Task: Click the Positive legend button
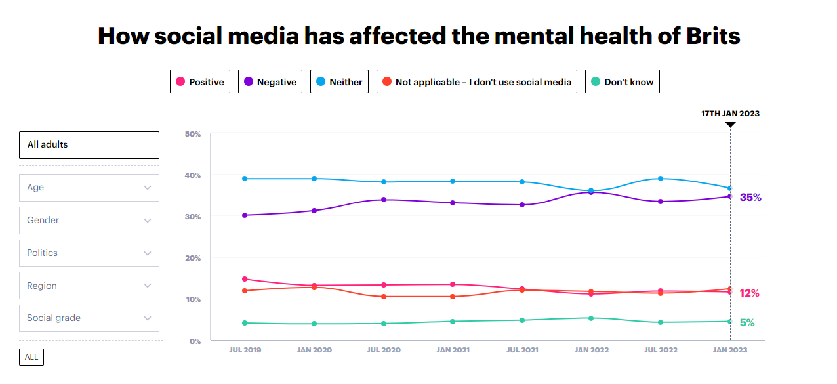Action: click(x=200, y=82)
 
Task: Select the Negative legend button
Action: click(x=270, y=82)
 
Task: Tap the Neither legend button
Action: click(x=339, y=82)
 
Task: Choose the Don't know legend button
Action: click(x=622, y=82)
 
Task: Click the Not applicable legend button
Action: click(x=476, y=82)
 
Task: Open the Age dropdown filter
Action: click(x=89, y=187)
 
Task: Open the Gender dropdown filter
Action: click(x=89, y=220)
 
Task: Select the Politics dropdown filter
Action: click(x=89, y=253)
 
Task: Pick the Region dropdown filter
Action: click(x=89, y=286)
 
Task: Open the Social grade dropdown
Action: click(x=89, y=318)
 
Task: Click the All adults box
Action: click(x=89, y=144)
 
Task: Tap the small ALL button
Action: click(x=31, y=357)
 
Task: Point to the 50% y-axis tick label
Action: click(x=193, y=134)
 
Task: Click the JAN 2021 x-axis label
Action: click(x=453, y=350)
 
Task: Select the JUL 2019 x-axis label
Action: click(x=245, y=350)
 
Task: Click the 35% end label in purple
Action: click(x=750, y=198)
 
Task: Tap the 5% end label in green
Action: click(x=747, y=323)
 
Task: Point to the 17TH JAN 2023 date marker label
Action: click(x=730, y=114)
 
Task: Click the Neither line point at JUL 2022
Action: click(x=661, y=179)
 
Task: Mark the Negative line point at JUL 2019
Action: click(x=245, y=215)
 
